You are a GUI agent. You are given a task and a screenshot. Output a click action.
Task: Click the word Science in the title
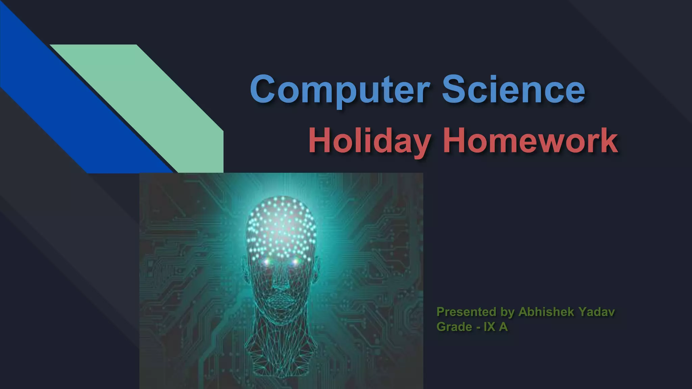[514, 89]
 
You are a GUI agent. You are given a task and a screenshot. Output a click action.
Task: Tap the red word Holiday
[370, 141]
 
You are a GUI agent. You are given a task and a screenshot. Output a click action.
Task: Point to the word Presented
[467, 312]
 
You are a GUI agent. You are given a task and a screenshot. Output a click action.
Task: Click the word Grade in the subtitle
[454, 327]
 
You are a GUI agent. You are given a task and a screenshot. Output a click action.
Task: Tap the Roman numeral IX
[489, 327]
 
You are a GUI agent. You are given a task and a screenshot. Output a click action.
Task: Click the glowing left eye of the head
[267, 262]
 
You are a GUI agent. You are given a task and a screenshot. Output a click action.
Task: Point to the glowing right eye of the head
[295, 262]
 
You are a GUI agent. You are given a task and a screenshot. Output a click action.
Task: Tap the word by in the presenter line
[507, 312]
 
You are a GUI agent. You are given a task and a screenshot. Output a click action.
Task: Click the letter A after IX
[503, 327]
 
